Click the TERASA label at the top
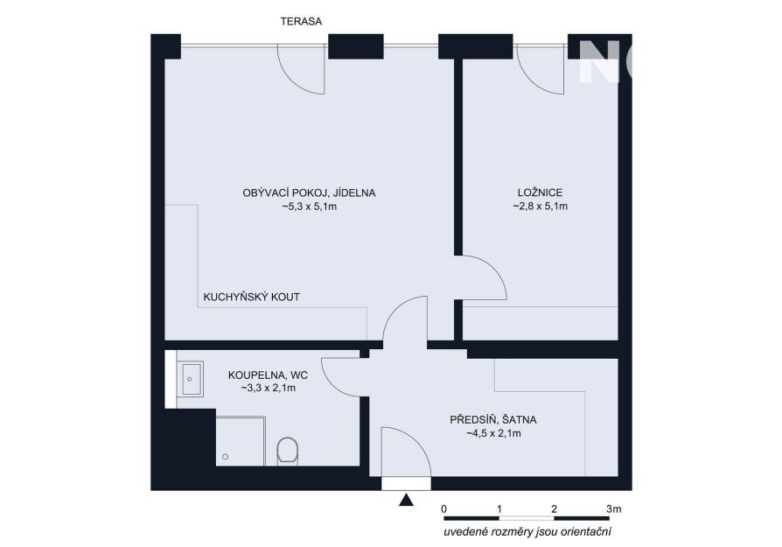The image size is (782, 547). point(301,22)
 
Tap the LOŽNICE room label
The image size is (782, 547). point(540,193)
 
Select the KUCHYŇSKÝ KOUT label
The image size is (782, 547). point(251,297)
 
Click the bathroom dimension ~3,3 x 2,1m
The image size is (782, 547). point(269,388)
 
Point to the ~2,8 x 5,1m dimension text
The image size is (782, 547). point(540,207)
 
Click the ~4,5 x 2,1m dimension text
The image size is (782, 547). point(493,434)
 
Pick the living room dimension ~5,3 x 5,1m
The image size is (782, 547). point(309,207)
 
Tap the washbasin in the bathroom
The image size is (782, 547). point(190,379)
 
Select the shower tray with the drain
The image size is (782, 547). point(240,441)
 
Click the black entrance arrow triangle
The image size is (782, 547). point(407,500)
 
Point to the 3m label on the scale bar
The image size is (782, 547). point(614,509)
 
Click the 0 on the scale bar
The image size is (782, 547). point(443,509)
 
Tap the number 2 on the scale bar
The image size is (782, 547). point(554,509)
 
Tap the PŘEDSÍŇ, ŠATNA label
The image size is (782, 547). point(493,420)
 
